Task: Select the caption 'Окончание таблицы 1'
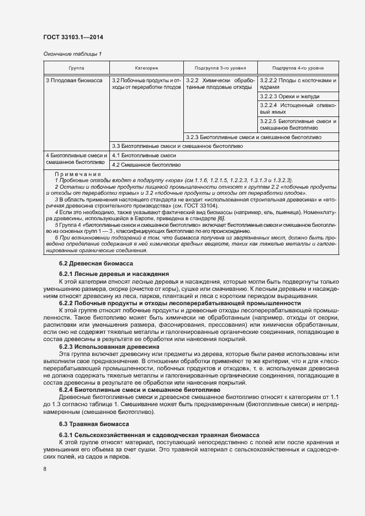point(72,54)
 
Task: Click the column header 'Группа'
point(76,67)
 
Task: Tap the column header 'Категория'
point(146,67)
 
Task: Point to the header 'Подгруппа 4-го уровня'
point(298,67)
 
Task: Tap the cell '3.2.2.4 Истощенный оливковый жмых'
point(298,108)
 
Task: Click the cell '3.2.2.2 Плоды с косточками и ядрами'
point(298,84)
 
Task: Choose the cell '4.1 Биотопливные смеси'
point(144,156)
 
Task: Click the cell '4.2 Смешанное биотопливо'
point(146,164)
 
